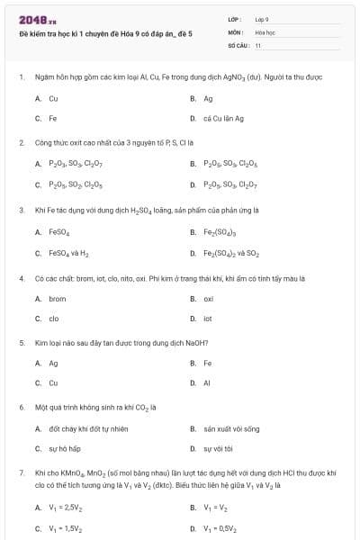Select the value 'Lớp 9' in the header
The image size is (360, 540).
point(262,18)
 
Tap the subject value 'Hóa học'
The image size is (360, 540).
point(265,31)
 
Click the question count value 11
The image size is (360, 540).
point(258,44)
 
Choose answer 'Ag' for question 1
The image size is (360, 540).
point(208,98)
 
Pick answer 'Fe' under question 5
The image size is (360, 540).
point(208,363)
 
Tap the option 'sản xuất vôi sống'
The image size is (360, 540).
point(230,427)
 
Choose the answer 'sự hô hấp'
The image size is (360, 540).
point(65,447)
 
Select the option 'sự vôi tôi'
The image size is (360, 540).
point(218,447)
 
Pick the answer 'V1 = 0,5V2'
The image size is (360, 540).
point(222,528)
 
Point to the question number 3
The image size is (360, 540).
point(22,210)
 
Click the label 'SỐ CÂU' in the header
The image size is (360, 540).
point(237,44)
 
